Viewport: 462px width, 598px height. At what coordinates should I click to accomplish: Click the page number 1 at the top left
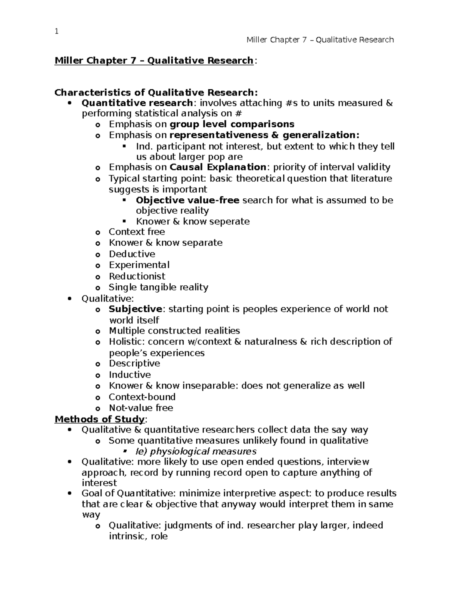pyautogui.click(x=57, y=32)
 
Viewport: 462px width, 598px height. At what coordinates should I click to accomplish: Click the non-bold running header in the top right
pyautogui.click(x=320, y=40)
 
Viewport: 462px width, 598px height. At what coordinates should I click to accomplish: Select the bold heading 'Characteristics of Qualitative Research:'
pyautogui.click(x=156, y=92)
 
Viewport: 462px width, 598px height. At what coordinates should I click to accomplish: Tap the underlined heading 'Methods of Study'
pyautogui.click(x=100, y=419)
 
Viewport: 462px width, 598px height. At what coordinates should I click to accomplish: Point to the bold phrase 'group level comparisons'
pyautogui.click(x=232, y=124)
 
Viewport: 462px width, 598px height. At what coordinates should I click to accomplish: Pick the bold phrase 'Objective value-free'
pyautogui.click(x=187, y=200)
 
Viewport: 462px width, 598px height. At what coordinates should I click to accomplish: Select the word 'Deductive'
pyautogui.click(x=132, y=254)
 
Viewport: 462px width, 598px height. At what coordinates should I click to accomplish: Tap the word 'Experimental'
pyautogui.click(x=139, y=265)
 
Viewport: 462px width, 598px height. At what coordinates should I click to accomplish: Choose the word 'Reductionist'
pyautogui.click(x=137, y=276)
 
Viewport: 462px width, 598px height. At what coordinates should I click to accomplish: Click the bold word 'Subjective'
pyautogui.click(x=136, y=309)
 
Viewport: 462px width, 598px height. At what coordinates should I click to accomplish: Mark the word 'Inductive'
pyautogui.click(x=130, y=375)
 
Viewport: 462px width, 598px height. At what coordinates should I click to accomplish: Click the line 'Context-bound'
pyautogui.click(x=142, y=397)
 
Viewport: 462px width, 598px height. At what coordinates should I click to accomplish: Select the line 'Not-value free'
pyautogui.click(x=141, y=408)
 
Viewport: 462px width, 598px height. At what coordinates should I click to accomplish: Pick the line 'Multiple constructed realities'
pyautogui.click(x=174, y=331)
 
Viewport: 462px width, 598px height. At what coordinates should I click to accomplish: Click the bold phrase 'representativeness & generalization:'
pyautogui.click(x=264, y=135)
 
